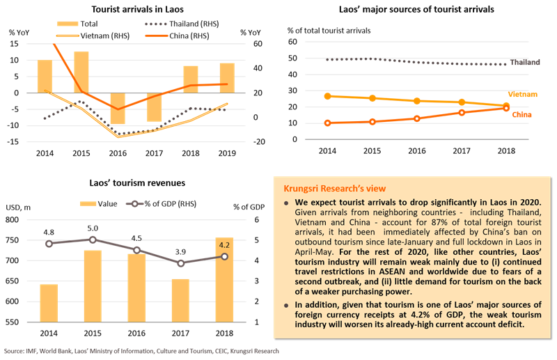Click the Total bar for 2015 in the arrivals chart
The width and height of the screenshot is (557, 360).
point(81,72)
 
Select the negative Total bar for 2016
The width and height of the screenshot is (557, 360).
point(118,109)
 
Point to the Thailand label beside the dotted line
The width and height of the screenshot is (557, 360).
point(525,62)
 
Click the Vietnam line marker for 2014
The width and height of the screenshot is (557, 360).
point(328,96)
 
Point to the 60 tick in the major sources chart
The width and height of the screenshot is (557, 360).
point(292,42)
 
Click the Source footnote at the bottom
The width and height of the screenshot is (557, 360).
point(139,352)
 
